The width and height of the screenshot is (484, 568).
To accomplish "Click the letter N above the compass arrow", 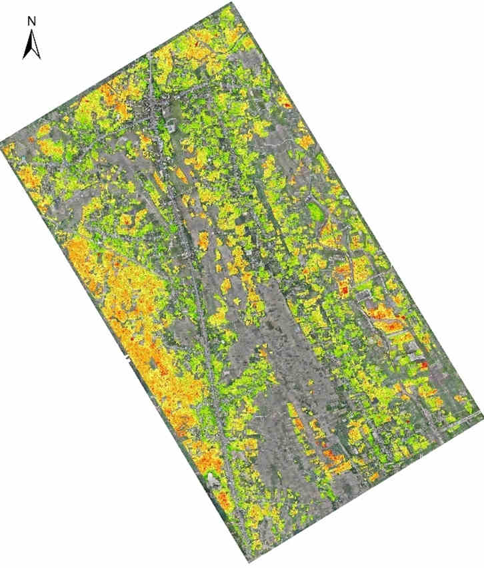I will tap(31, 21).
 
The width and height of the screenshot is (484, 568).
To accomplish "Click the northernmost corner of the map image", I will tap(233, 3).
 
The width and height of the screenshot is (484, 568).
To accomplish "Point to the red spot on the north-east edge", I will tap(287, 104).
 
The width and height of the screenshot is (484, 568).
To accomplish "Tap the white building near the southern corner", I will tap(213, 479).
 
